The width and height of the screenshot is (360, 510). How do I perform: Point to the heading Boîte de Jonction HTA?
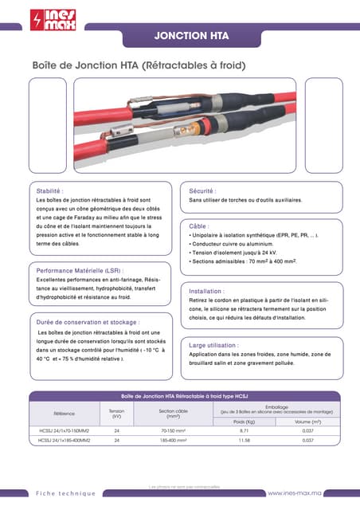coord(137,65)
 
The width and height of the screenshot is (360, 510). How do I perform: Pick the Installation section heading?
coord(206,291)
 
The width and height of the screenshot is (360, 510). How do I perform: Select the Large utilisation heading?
coord(214,346)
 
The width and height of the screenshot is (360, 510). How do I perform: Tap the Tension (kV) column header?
coord(116,414)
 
